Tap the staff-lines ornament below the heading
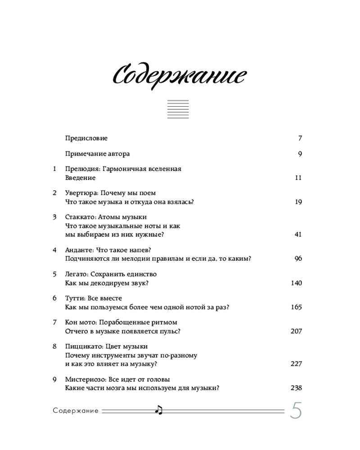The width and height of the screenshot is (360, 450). pos(178,109)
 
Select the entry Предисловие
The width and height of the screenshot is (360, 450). pos(86,139)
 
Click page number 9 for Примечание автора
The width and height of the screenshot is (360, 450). pos(300,154)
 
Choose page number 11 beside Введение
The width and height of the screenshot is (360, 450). pos(298,178)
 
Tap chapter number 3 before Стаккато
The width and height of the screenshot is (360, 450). pos(54,217)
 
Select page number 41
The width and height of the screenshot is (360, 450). pos(298,234)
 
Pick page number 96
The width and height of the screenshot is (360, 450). pos(298,258)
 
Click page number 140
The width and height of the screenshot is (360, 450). pos(297,283)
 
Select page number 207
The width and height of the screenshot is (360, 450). pos(297,331)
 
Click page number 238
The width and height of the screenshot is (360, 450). pos(296,388)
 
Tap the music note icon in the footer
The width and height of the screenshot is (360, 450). pos(158,409)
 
